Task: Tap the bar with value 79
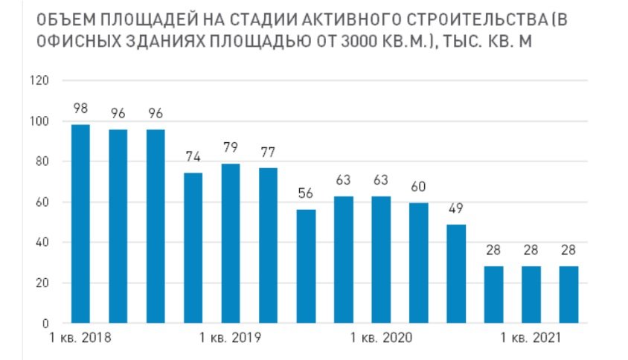click(231, 243)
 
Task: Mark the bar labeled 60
click(419, 263)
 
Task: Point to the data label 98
click(80, 109)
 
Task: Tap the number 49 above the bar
click(456, 208)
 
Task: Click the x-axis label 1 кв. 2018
click(80, 339)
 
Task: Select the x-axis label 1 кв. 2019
click(231, 339)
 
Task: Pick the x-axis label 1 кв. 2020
click(380, 339)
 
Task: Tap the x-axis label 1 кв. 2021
click(531, 339)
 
